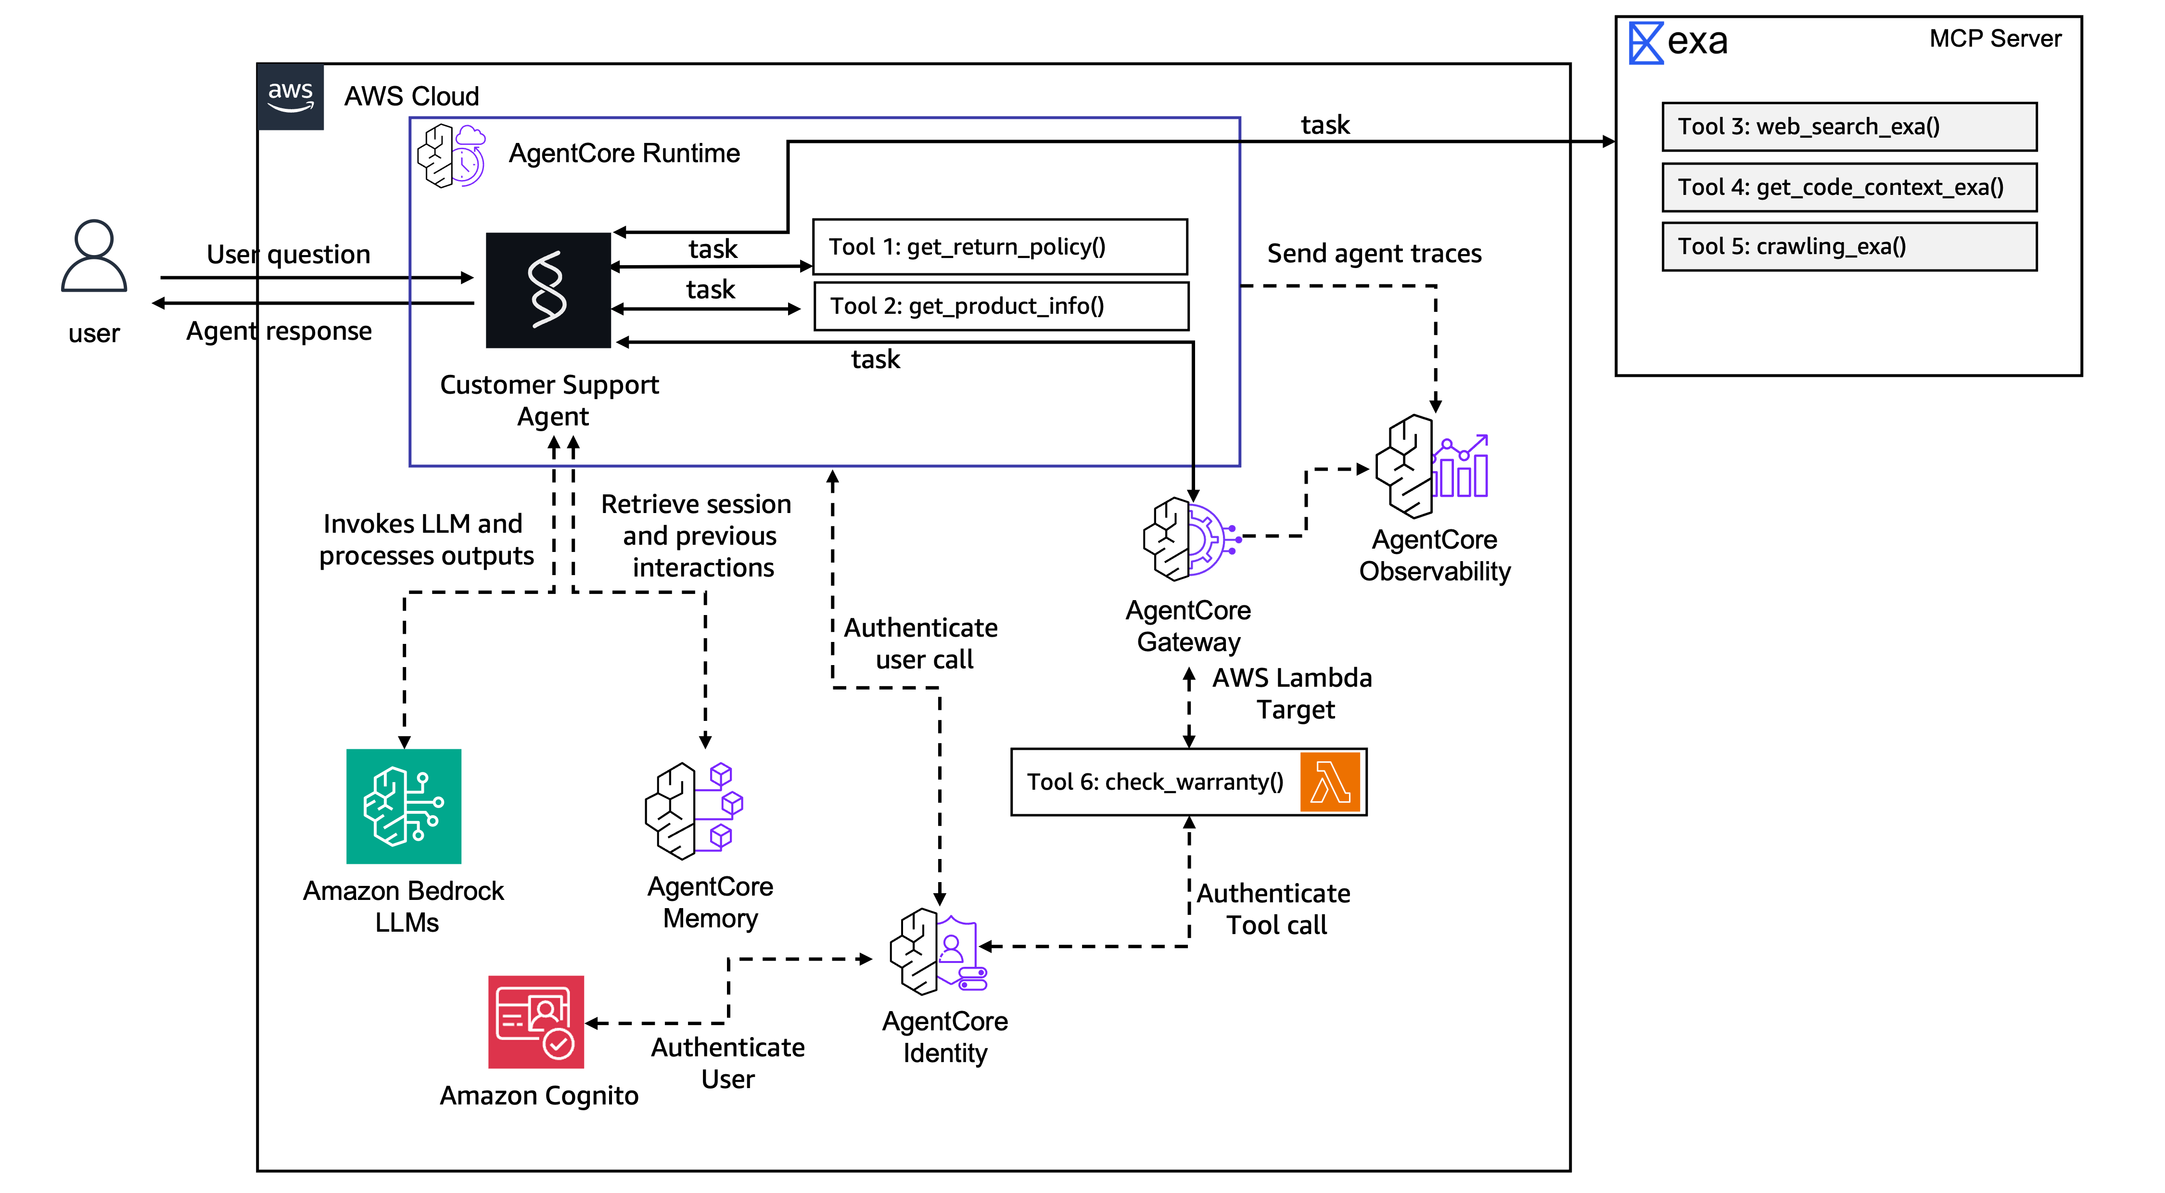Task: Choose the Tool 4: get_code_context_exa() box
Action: click(x=1849, y=187)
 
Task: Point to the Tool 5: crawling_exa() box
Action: click(x=1849, y=246)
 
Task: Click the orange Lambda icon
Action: click(x=1330, y=782)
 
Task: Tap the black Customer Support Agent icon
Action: click(x=548, y=290)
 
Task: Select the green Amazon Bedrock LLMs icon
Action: click(x=404, y=806)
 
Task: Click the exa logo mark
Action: click(x=1645, y=42)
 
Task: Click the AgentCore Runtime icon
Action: click(x=451, y=155)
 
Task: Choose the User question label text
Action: click(x=288, y=255)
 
